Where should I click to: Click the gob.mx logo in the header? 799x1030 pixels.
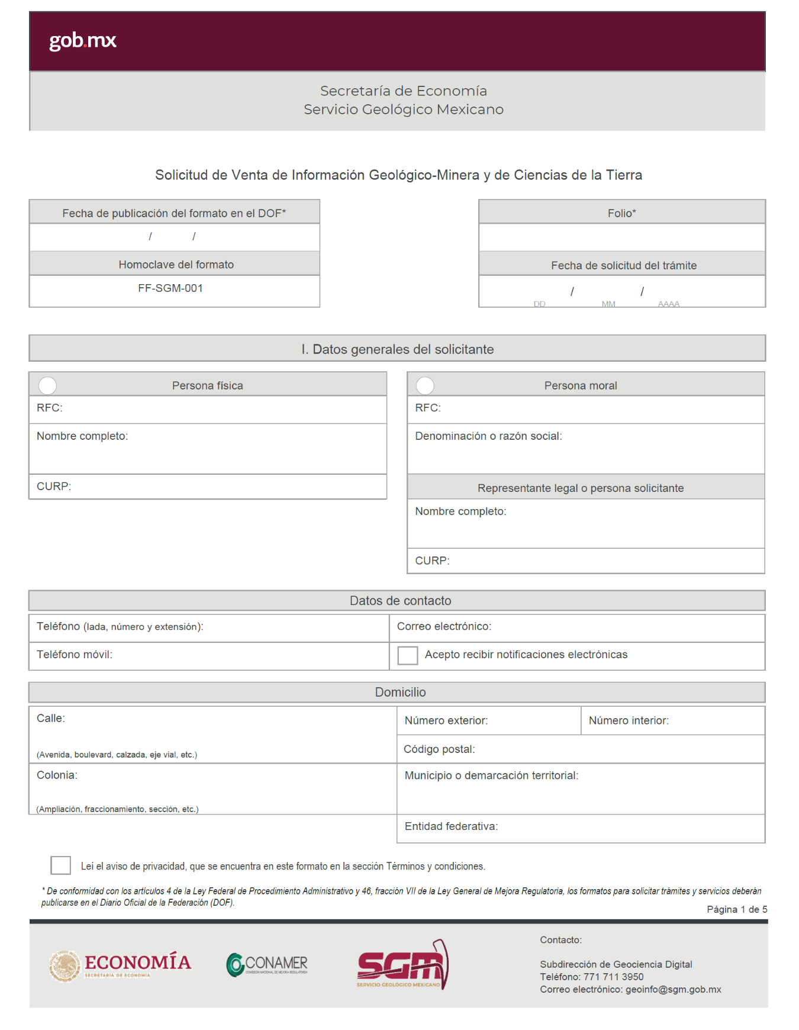coord(82,41)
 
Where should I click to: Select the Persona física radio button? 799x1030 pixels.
coord(47,385)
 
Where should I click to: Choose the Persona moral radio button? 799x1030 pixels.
coord(425,385)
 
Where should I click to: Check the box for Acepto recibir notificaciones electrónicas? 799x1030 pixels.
coord(407,655)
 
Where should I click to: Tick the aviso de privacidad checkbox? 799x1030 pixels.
coord(61,865)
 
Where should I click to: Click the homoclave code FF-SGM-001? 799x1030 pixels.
coord(170,288)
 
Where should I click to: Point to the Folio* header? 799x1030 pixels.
coord(621,213)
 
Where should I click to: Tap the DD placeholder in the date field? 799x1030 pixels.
coord(539,304)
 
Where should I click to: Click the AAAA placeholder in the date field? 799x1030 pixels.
coord(668,304)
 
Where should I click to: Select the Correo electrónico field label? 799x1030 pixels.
coord(444,626)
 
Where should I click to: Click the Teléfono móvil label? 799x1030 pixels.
coord(75,654)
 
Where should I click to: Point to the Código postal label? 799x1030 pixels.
coord(439,749)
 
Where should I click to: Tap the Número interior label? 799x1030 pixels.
coord(629,720)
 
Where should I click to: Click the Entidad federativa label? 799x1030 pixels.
coord(451,826)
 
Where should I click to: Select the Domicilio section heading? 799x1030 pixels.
coord(400,692)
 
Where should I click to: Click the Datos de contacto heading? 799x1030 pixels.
coord(400,601)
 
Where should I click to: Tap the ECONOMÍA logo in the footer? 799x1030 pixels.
coord(120,965)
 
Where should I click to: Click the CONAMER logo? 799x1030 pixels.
coord(267,964)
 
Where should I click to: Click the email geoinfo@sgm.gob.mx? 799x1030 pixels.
coord(673,989)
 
